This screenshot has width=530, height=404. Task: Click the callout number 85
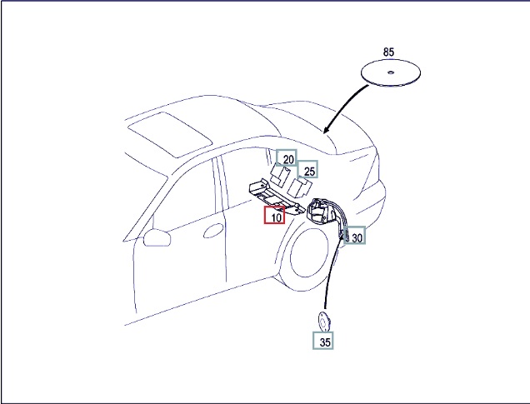388,52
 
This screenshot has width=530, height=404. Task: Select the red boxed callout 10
274,215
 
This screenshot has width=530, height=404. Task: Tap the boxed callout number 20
287,157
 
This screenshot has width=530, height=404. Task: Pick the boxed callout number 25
307,169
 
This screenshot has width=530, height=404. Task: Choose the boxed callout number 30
354,235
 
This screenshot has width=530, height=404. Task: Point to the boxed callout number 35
323,341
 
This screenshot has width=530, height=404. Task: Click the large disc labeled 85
391,72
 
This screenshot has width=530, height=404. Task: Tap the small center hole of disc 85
390,72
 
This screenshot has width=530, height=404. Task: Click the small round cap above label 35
324,322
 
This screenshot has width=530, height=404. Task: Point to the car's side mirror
157,237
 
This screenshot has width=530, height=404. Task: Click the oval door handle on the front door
213,231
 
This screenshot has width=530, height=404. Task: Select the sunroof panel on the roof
170,135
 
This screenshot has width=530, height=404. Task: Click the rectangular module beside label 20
280,176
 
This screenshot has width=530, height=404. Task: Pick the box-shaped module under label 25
299,188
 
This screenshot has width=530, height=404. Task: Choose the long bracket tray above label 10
277,197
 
